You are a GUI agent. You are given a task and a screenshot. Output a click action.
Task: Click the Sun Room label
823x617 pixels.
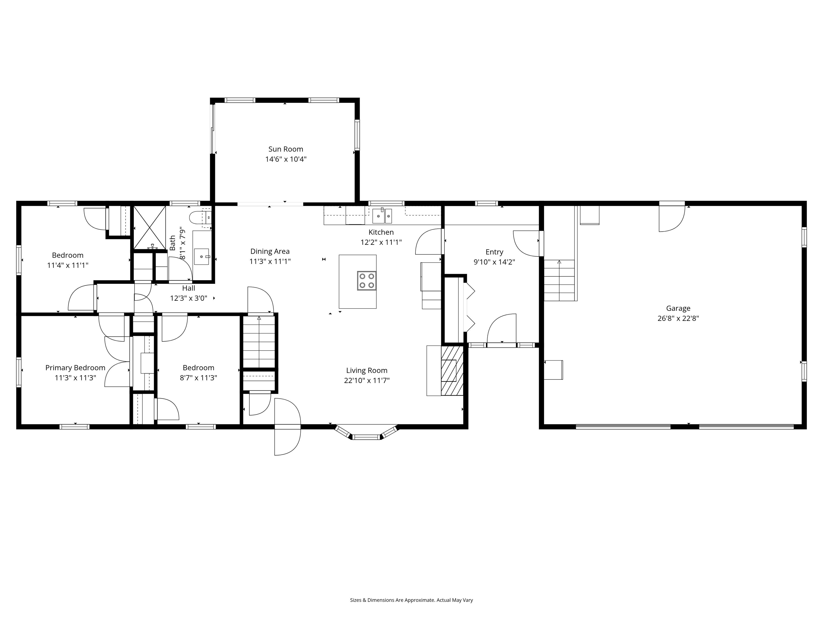pos(286,149)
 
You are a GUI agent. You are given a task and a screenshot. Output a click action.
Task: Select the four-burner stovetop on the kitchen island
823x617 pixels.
pos(366,281)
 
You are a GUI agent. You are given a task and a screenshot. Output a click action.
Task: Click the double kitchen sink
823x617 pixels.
pos(382,216)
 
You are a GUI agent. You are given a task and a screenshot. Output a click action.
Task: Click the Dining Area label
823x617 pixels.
pos(270,251)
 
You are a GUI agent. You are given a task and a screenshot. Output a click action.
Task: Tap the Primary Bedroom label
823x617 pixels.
pos(75,368)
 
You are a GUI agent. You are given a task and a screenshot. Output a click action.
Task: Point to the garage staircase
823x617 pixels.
pos(559,280)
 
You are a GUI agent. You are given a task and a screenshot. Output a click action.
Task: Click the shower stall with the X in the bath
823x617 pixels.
pos(149,228)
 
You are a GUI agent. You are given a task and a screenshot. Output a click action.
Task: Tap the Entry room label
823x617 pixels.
pos(494,252)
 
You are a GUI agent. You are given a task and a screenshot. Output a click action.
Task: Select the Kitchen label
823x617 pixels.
pos(381,232)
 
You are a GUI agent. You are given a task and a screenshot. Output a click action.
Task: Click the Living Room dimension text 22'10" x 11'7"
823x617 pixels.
pos(366,381)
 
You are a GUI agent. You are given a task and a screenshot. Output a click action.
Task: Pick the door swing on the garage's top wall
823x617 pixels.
pos(672,219)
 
